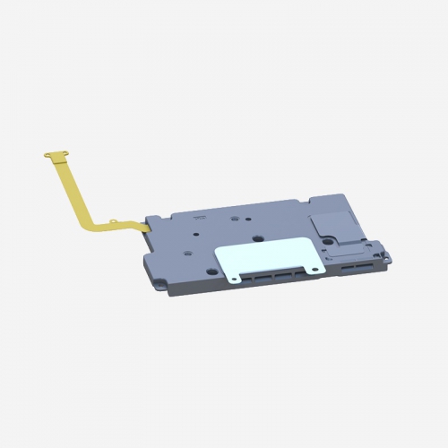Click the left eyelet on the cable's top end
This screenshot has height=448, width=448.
click(47, 156)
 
